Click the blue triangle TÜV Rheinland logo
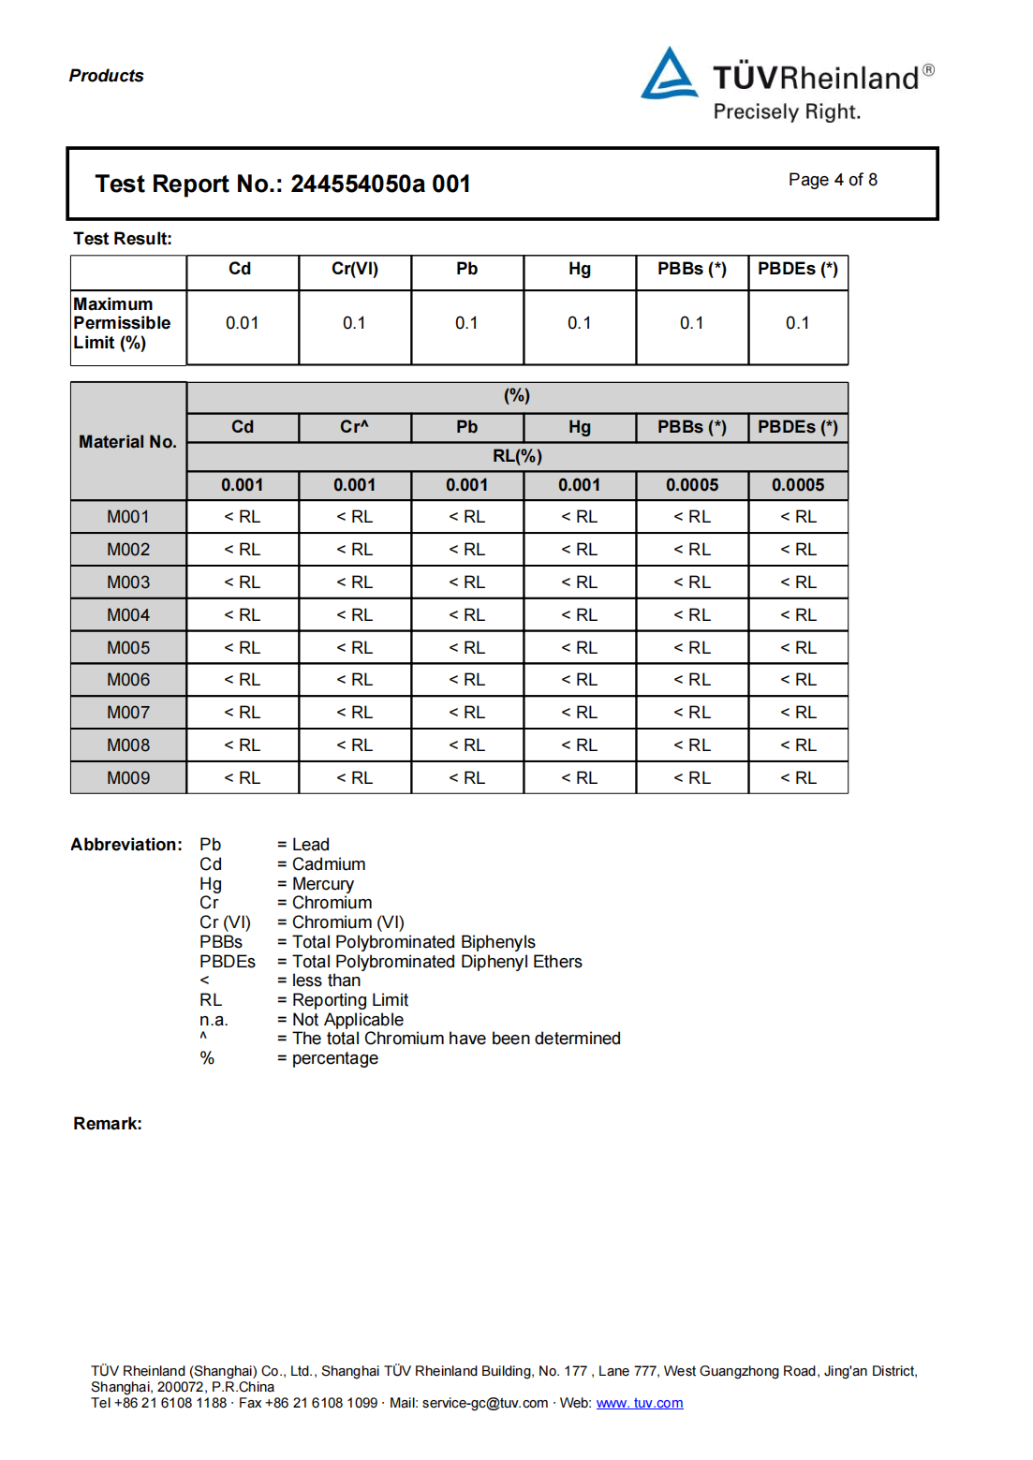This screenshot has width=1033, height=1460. coord(669,75)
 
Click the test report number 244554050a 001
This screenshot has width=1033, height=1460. coord(380,184)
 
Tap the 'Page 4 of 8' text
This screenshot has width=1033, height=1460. coord(833,180)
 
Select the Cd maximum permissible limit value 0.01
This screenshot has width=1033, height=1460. coord(242,323)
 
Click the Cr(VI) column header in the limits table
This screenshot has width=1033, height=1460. coord(355,269)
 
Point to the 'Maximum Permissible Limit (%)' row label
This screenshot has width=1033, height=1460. coord(122,323)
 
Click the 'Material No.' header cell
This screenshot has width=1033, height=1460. coord(127,441)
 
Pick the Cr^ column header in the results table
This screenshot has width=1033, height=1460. coord(354,427)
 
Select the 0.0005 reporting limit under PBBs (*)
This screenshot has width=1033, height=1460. coord(692,485)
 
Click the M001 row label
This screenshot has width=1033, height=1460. coord(128,517)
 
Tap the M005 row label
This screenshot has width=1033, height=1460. coord(128,648)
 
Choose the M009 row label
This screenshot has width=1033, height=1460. coord(128,778)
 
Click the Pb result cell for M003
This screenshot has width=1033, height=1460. coord(466,583)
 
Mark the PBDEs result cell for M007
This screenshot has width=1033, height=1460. coord(798,713)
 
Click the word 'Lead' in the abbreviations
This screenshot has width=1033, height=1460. coord(310,845)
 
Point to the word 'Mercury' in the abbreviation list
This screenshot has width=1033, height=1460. coord(322,884)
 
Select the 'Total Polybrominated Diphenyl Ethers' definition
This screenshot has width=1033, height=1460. coord(436,962)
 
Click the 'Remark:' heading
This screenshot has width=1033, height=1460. coord(108,1124)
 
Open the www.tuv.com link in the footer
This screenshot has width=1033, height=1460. coord(640,1403)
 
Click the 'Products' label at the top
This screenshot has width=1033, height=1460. coord(107,76)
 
